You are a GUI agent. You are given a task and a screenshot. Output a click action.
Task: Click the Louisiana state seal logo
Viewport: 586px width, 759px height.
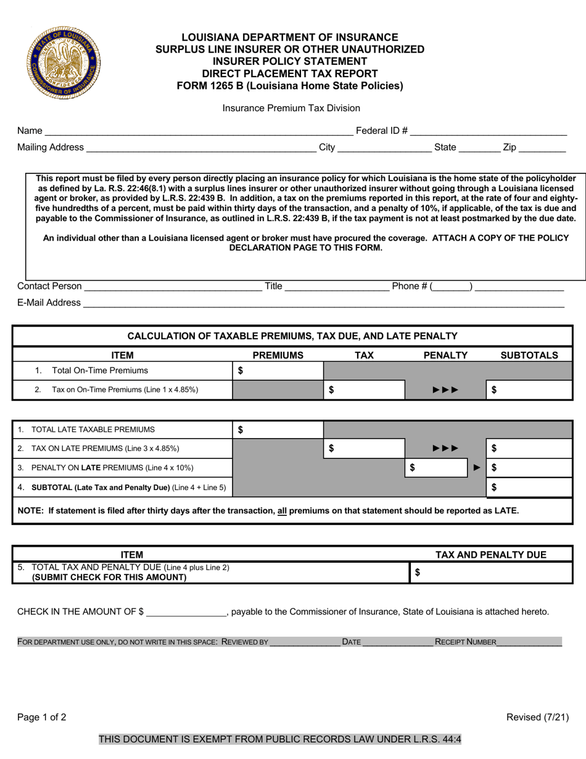[x=63, y=63]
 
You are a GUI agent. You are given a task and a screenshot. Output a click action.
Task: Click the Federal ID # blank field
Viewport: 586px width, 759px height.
[x=488, y=131]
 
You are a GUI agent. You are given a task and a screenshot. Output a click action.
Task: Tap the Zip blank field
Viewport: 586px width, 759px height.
[x=542, y=147]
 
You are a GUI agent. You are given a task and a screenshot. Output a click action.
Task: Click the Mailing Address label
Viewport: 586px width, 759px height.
[x=51, y=147]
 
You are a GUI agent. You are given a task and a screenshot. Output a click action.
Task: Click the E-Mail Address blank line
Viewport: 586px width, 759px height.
[x=323, y=302]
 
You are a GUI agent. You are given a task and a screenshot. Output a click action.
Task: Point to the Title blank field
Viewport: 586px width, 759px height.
[x=336, y=286]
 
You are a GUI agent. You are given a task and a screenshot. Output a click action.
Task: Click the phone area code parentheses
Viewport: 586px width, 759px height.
[x=452, y=286]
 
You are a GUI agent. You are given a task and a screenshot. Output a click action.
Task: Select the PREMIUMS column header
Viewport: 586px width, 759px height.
[x=278, y=355]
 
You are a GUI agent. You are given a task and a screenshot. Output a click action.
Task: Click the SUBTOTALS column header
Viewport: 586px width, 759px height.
[x=529, y=355]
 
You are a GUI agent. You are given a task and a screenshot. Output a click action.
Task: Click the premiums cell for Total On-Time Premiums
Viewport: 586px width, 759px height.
[x=278, y=371]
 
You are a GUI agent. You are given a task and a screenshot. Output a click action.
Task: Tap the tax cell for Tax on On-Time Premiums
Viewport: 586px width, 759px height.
[x=364, y=390]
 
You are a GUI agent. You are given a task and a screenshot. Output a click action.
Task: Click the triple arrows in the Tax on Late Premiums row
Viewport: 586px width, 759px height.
[x=445, y=449]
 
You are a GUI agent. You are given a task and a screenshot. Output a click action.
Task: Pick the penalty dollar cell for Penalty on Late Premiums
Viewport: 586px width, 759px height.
[x=438, y=468]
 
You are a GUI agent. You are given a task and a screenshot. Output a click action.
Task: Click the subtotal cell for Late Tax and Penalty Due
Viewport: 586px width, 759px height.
[x=529, y=487]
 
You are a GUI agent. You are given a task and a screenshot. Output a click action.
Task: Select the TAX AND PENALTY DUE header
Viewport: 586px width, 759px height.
[x=491, y=555]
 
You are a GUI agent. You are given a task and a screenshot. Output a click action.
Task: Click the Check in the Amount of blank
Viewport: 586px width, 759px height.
[x=186, y=612]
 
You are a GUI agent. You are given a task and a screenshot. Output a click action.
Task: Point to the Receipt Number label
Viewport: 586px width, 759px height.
[x=465, y=642]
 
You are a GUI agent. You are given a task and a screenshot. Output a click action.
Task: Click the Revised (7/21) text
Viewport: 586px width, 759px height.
[x=537, y=717]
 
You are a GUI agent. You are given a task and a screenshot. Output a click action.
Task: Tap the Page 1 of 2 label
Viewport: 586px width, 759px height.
[x=42, y=717]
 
